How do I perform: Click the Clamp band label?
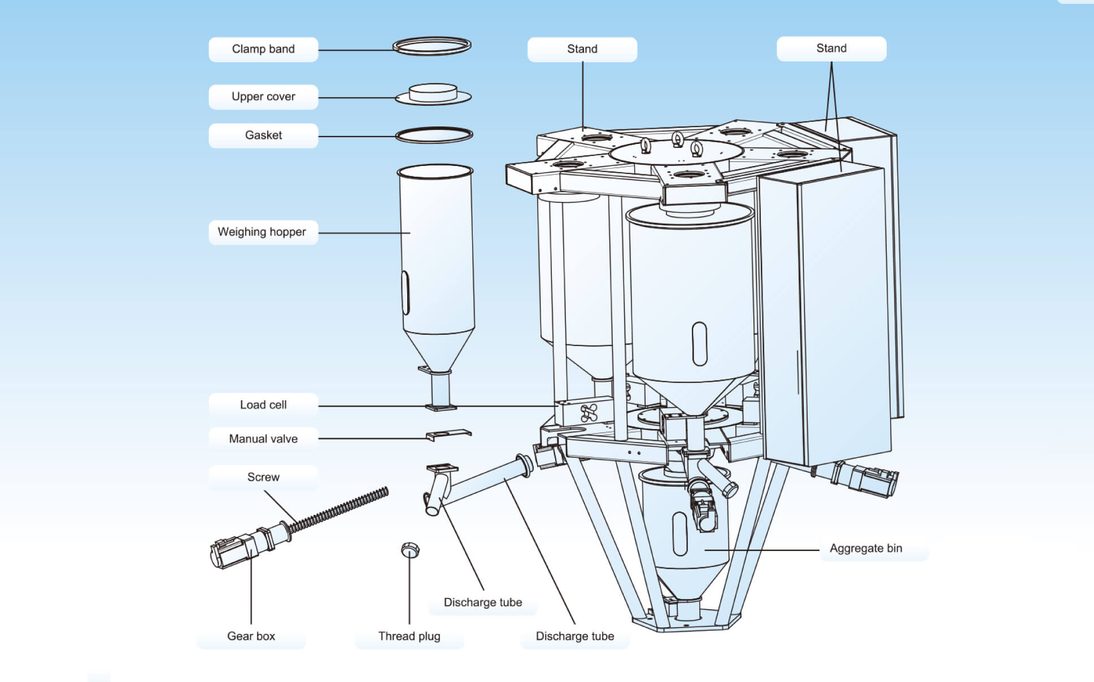263,49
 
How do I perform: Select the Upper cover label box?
263,97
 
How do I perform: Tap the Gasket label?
263,135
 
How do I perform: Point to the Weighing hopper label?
262,232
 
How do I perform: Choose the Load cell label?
263,405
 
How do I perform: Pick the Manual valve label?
263,439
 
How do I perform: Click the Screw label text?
263,477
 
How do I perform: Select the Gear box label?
251,636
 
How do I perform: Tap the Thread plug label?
409,636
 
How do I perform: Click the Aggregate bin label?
866,548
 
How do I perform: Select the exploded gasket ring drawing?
434,135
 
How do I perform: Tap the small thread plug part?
410,549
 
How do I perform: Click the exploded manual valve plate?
448,434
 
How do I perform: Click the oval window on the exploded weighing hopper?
406,292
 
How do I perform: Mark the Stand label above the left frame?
582,49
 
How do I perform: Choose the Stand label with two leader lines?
831,49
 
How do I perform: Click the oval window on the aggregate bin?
680,534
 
